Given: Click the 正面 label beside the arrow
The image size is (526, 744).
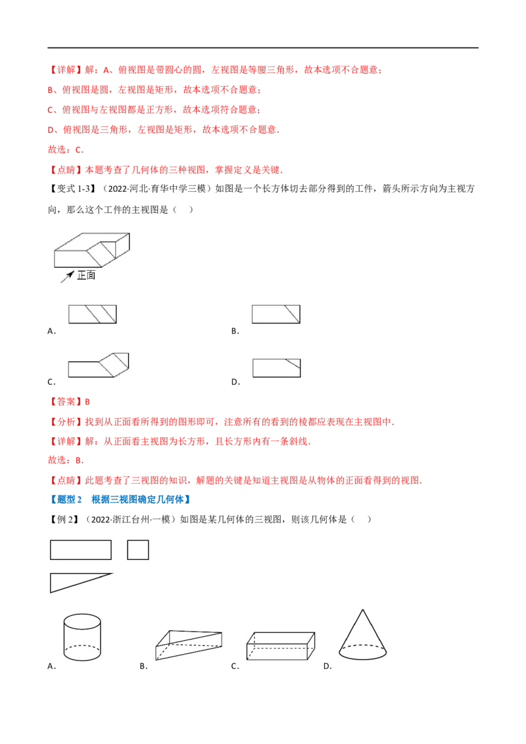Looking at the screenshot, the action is tap(86, 275).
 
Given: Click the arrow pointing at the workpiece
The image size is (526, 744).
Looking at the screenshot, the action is tap(67, 277).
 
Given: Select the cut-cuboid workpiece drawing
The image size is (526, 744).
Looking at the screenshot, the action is tap(91, 250).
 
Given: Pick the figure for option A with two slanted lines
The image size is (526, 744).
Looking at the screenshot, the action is tap(93, 314).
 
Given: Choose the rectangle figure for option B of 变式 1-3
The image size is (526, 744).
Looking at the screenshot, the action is tap(275, 314).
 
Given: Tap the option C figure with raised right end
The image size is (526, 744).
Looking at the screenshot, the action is tap(99, 365).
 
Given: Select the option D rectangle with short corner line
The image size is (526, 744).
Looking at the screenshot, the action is tap(277, 368).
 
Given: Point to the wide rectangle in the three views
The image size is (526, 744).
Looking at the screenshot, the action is tap(81, 550).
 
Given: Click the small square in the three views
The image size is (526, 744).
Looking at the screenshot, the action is tap(138, 550).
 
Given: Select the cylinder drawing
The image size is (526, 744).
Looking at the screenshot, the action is tap(82, 638).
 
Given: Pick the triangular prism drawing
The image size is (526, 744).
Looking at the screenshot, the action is tap(189, 645).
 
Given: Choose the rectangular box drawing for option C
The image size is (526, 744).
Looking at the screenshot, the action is tap(281, 646).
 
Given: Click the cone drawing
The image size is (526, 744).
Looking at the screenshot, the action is tap(363, 635).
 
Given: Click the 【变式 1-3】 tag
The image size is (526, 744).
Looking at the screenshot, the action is tap(71, 189).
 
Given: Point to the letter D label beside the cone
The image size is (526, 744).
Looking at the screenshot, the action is tap(327, 666).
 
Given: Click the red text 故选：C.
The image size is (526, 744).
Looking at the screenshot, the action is tap(66, 150).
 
